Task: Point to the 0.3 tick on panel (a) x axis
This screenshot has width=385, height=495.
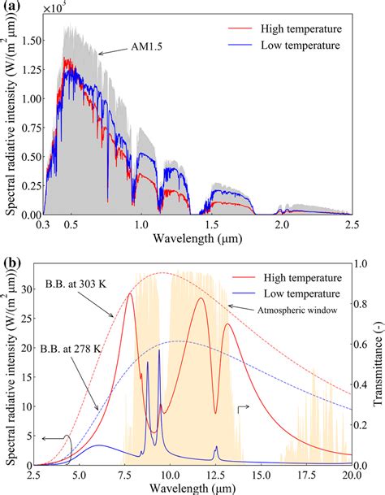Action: pos(47,224)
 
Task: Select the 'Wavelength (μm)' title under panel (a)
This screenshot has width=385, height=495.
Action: pos(200,241)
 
